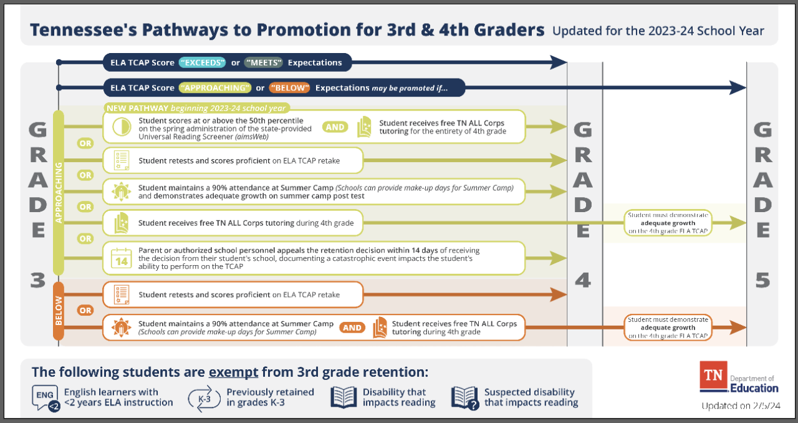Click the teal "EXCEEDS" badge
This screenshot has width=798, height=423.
click(x=203, y=62)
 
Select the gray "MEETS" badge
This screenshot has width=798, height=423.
click(x=264, y=62)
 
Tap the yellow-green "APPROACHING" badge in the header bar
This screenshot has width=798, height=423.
click(x=214, y=88)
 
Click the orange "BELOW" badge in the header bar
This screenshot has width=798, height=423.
click(x=291, y=88)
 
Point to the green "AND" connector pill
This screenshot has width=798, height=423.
click(x=335, y=127)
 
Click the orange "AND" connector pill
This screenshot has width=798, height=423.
click(x=352, y=328)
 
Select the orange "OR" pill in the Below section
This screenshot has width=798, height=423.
click(x=85, y=310)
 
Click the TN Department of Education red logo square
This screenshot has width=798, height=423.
click(x=713, y=376)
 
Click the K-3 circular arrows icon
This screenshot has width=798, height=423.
click(x=204, y=397)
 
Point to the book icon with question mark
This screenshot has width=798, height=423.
click(x=464, y=398)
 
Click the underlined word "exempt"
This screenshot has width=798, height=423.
click(x=233, y=372)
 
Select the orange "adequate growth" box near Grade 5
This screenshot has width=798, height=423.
click(x=668, y=328)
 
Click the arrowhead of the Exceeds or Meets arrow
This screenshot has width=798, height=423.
click(x=557, y=62)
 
